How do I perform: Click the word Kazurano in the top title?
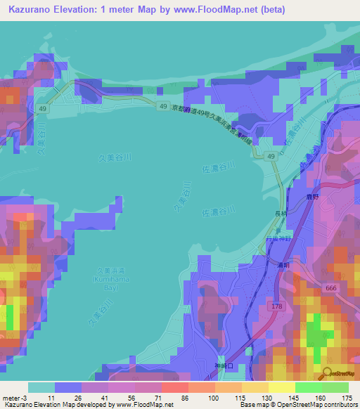33,8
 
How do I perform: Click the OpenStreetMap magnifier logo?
328,375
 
